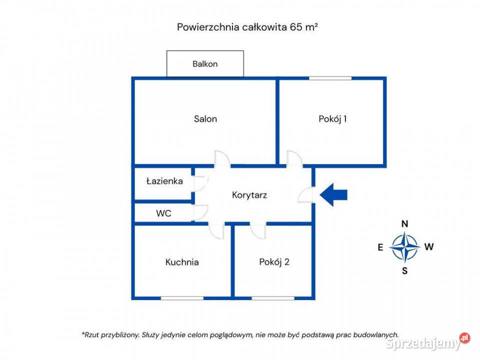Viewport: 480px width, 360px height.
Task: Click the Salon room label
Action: (205, 119)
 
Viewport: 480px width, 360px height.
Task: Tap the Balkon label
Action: (205, 64)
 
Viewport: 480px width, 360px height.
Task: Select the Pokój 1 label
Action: (332, 119)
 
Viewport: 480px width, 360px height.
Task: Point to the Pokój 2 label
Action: (274, 261)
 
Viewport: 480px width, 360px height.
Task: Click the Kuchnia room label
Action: (182, 261)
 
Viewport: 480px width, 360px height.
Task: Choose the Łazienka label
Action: (164, 181)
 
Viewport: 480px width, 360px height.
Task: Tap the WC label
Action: (163, 213)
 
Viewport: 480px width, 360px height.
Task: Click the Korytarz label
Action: (249, 195)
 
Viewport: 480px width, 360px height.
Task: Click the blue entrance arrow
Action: (333, 195)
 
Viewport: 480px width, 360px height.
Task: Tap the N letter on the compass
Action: (405, 224)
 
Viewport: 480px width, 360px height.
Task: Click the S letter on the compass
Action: (405, 271)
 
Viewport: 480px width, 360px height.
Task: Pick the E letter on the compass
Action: (380, 247)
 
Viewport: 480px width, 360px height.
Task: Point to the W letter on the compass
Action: (429, 246)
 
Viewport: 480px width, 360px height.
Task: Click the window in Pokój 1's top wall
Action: (330, 78)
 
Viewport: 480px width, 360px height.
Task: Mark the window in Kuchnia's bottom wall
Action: (182, 298)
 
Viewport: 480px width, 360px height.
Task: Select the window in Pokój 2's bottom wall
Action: (273, 298)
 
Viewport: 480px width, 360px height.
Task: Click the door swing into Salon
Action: (222, 159)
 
